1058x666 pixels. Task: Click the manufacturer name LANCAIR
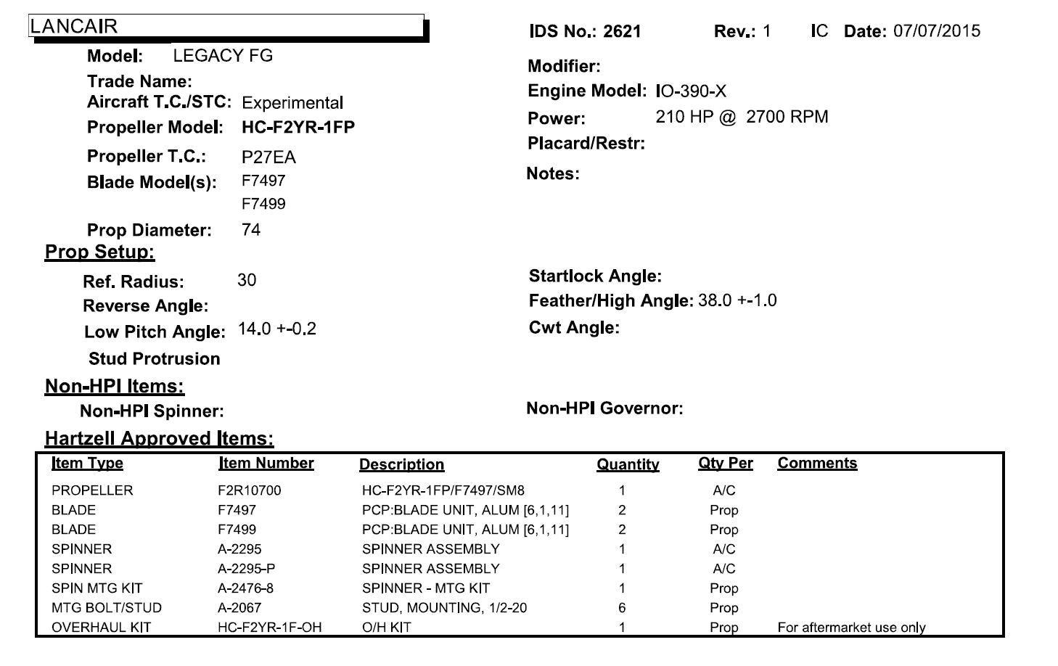pyautogui.click(x=73, y=26)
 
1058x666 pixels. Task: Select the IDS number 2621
pyautogui.click(x=622, y=32)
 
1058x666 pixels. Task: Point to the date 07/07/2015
pyautogui.click(x=936, y=31)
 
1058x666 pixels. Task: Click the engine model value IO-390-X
pyautogui.click(x=690, y=91)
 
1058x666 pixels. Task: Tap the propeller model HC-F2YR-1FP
pyautogui.click(x=298, y=128)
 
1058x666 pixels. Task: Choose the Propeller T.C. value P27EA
pyautogui.click(x=268, y=157)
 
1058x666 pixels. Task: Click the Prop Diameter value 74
pyautogui.click(x=251, y=230)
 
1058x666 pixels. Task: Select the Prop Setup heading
pyautogui.click(x=100, y=252)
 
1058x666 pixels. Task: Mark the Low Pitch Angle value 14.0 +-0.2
pyautogui.click(x=277, y=329)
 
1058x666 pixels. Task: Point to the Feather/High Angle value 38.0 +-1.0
pyautogui.click(x=737, y=300)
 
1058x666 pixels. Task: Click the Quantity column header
pyautogui.click(x=628, y=464)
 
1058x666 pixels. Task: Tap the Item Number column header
pyautogui.click(x=266, y=463)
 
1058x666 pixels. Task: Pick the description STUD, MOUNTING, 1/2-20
pyautogui.click(x=444, y=608)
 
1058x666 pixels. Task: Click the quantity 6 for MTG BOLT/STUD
pyautogui.click(x=622, y=608)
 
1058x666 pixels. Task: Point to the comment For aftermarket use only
pyautogui.click(x=851, y=628)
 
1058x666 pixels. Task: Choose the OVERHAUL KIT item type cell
pyautogui.click(x=101, y=628)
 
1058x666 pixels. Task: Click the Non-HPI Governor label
pyautogui.click(x=604, y=408)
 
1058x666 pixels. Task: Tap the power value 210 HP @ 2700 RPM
pyautogui.click(x=742, y=117)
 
